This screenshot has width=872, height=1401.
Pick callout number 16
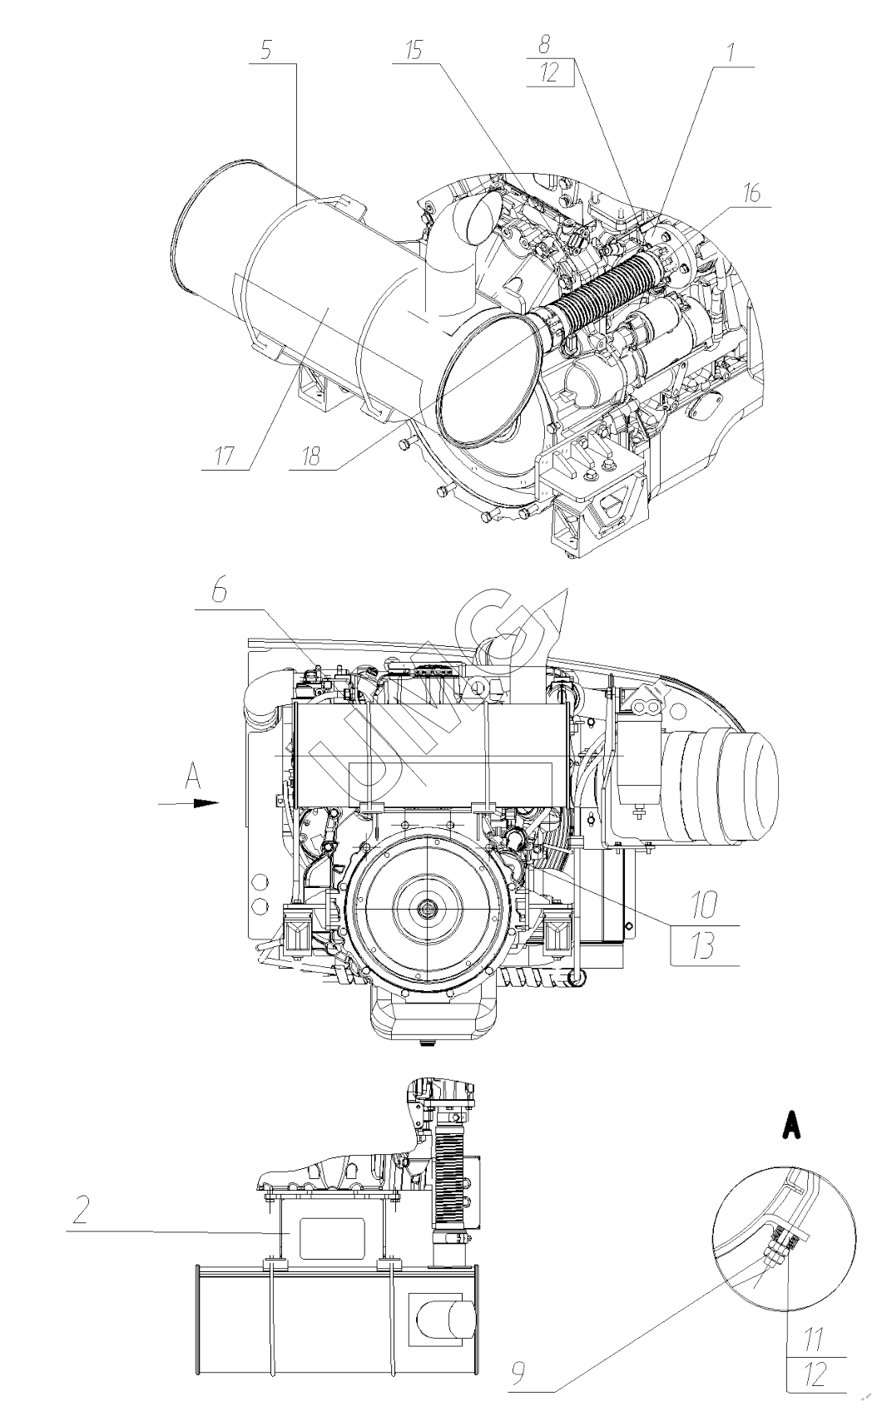coord(751,193)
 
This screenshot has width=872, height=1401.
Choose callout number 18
coord(311,456)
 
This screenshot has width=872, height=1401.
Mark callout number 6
coord(217,594)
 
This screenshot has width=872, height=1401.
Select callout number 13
coord(704,947)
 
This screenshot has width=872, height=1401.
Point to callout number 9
coord(518,1374)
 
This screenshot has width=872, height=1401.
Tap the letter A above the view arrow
coord(193,777)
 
